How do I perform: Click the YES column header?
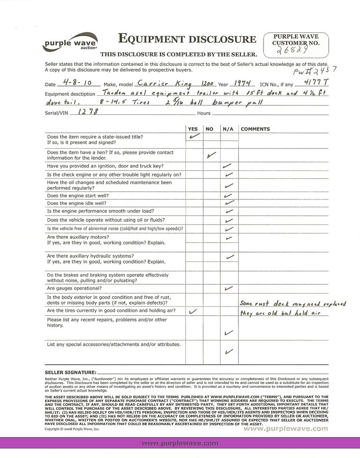193,129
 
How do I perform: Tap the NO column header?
209,129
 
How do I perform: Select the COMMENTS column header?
255,129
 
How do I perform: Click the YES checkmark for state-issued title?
193,137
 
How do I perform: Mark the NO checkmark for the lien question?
212,155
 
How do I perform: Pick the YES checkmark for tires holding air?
193,311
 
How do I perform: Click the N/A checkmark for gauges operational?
228,288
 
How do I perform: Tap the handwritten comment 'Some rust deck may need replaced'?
292,304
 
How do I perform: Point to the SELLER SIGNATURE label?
70,373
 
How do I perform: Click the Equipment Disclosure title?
187,39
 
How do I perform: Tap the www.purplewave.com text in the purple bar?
180,443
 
